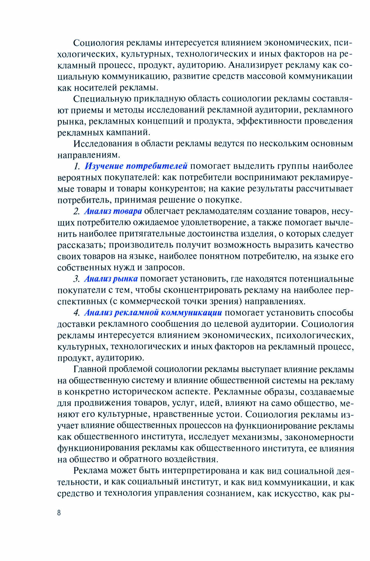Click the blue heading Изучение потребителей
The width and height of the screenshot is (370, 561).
[136, 166]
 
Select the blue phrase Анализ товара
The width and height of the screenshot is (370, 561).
[113, 211]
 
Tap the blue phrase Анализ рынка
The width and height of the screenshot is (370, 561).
[111, 279]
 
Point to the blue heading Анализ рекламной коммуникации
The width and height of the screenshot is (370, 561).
[153, 312]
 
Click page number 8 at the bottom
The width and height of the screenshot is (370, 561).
[59, 513]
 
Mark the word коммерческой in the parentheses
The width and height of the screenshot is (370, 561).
[152, 301]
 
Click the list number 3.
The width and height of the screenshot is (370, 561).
[77, 279]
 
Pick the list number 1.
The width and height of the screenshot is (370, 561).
[77, 166]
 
